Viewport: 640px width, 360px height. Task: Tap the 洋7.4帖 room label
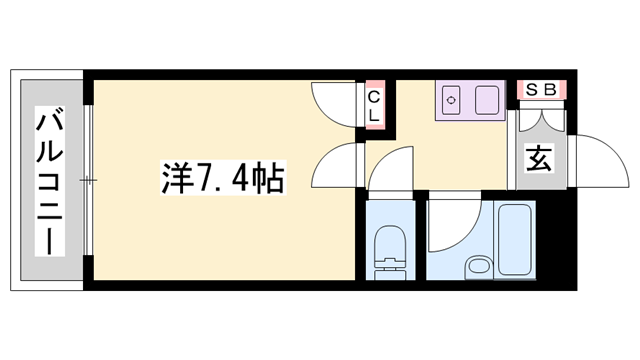pyautogui.click(x=222, y=180)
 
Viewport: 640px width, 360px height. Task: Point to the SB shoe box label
pyautogui.click(x=541, y=89)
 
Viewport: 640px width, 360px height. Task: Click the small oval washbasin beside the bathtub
pyautogui.click(x=478, y=266)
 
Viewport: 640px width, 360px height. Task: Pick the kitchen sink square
pyautogui.click(x=488, y=102)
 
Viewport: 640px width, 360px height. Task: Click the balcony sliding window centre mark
pyautogui.click(x=88, y=181)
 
